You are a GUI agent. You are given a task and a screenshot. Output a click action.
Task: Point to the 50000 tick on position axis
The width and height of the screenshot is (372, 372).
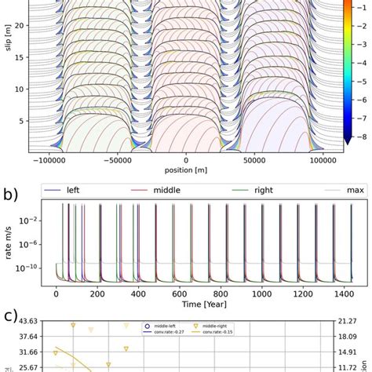(261, 159)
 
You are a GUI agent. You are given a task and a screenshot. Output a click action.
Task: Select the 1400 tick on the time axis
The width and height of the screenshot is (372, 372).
(341, 291)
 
